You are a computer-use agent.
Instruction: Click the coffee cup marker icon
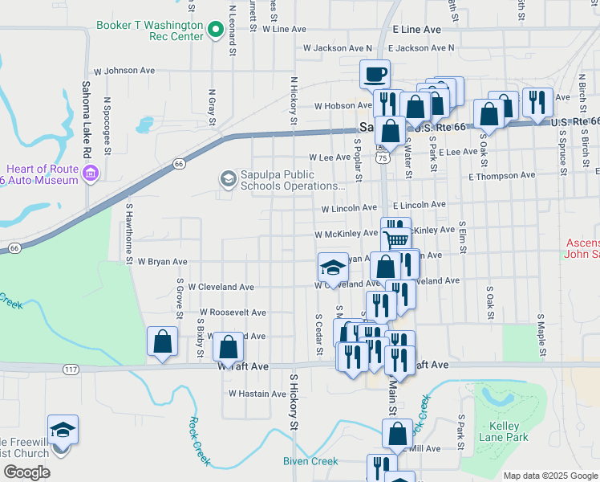pos(375,75)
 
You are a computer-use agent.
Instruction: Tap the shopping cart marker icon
pos(395,238)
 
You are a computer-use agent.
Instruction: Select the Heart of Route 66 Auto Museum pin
pos(91,172)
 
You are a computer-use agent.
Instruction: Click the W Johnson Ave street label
pos(124,71)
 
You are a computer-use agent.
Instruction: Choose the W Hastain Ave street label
pos(257,394)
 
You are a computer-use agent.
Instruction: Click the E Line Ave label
pos(417,29)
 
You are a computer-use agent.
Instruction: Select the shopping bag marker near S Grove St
pos(162,341)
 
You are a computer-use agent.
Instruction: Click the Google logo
pos(26,472)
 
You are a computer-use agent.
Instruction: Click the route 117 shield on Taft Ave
pos(71,369)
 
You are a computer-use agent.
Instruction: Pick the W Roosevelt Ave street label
pos(233,312)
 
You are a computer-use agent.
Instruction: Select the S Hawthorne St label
pos(128,233)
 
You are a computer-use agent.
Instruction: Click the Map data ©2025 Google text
pos(550,476)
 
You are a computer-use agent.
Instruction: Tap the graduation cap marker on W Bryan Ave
pos(333,267)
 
